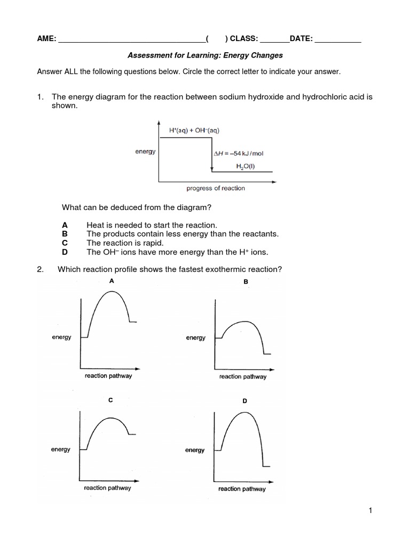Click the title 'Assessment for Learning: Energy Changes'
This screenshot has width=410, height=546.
(x=205, y=55)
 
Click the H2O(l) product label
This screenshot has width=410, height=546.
(x=246, y=166)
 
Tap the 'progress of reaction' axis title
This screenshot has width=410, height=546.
(x=216, y=188)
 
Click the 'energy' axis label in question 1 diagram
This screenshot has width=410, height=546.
(x=145, y=151)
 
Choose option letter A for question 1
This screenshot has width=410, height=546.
(x=65, y=226)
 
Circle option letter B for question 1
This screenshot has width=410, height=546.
(x=65, y=234)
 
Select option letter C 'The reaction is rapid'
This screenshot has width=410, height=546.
(x=65, y=243)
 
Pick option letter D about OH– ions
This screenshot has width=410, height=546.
(x=65, y=252)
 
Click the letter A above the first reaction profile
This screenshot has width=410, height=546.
(x=111, y=280)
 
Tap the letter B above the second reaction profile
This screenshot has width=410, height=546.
(x=246, y=282)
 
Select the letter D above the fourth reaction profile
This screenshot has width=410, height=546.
(x=245, y=400)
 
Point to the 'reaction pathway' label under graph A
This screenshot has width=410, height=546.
(x=108, y=376)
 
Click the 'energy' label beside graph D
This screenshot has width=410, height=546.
(x=195, y=450)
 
